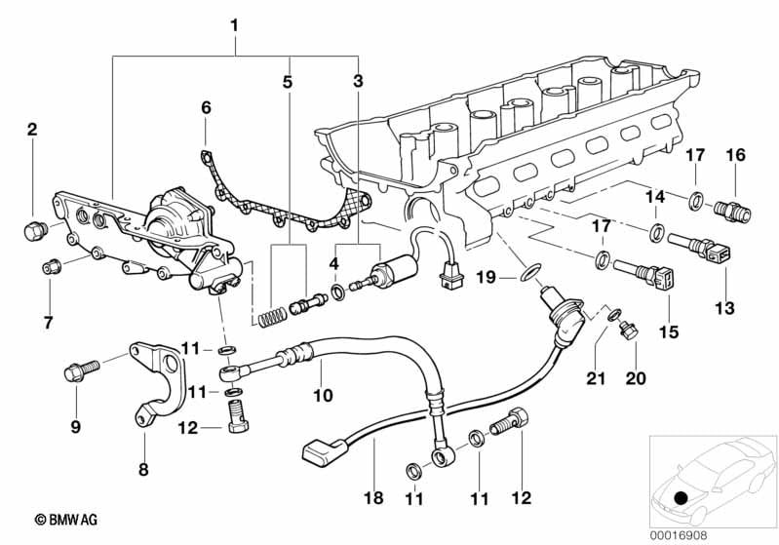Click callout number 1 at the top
click(234, 21)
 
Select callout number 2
click(32, 129)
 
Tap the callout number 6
click(206, 106)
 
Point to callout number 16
click(735, 154)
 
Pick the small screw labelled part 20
click(629, 332)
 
